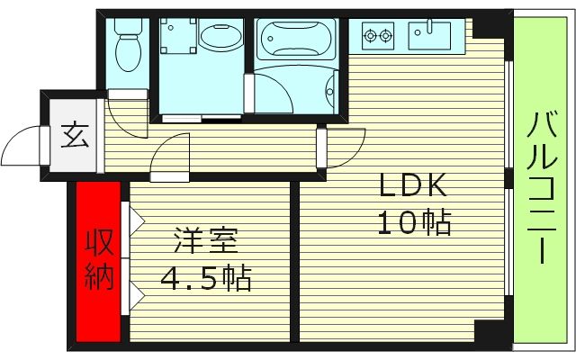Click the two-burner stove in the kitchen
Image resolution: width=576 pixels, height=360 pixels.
point(378,37)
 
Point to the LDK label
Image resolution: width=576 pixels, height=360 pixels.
point(412,186)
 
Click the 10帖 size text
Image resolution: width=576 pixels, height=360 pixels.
point(412,222)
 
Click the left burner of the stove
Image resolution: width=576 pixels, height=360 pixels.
point(370,37)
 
